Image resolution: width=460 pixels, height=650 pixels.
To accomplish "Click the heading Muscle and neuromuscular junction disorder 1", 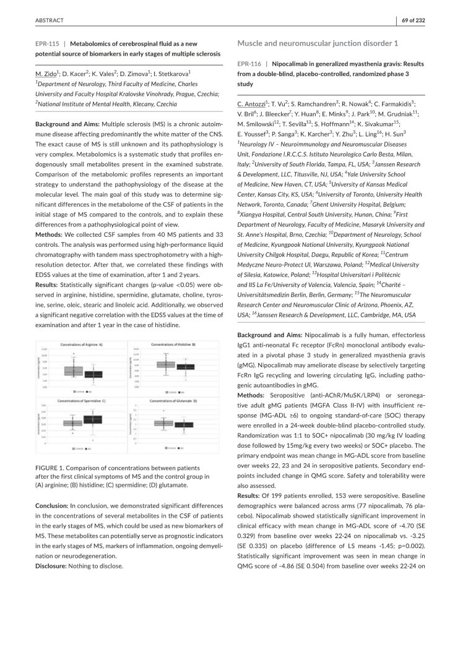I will [x=318, y=43].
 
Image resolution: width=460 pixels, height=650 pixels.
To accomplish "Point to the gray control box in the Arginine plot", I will [x=73, y=372].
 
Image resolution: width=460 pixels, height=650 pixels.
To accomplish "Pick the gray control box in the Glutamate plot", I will [x=163, y=423].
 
